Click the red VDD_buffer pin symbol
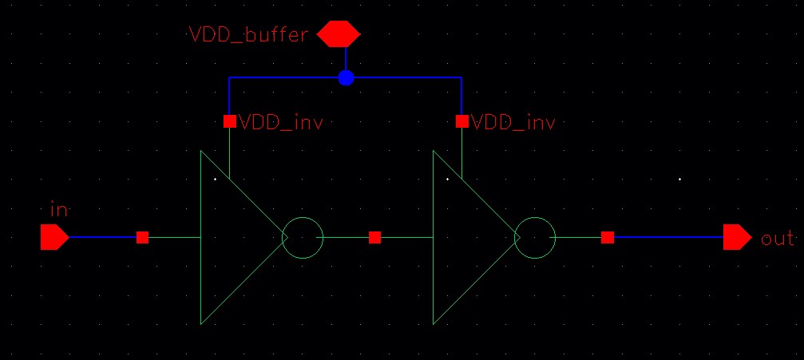339,35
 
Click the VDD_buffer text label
248,35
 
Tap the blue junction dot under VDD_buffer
346,78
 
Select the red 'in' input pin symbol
54,237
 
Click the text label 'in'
58,210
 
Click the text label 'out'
777,238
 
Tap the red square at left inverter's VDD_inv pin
229,122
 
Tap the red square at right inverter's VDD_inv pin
461,122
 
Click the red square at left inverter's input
142,237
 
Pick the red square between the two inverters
374,237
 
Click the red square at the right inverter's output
608,237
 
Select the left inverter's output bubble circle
303,238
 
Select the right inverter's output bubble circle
535,238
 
